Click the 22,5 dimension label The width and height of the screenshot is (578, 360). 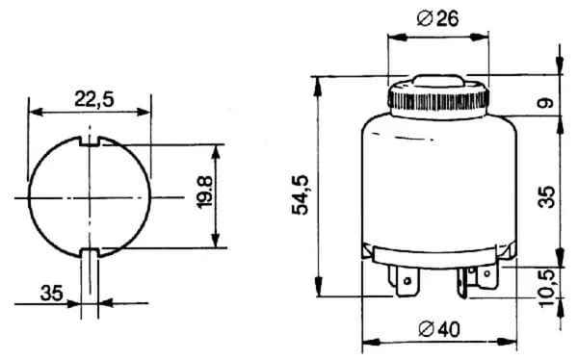click(94, 98)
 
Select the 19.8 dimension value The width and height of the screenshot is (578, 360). click(204, 193)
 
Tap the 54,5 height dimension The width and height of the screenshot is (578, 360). click(300, 195)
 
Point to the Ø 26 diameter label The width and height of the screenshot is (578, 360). click(438, 18)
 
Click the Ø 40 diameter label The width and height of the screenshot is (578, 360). click(439, 328)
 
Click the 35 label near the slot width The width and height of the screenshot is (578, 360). click(52, 294)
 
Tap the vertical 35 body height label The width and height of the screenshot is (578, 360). click(546, 197)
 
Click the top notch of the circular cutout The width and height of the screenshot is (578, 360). click(90, 141)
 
